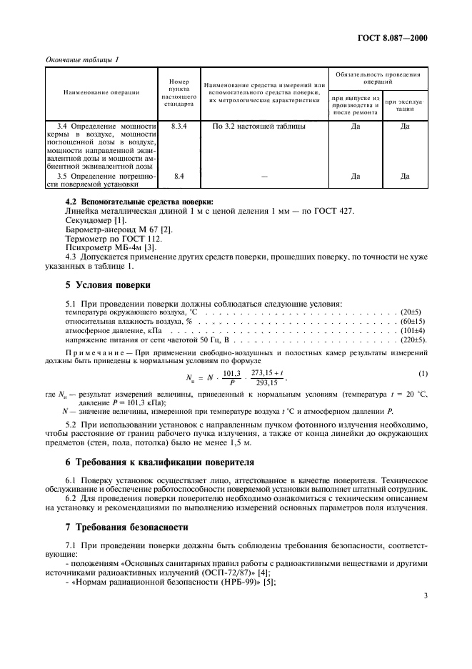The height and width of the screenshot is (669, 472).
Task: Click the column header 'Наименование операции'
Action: pos(101,92)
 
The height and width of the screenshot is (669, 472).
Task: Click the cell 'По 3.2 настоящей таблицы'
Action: pos(249,126)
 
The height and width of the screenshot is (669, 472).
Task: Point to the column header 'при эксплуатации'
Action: pos(405,105)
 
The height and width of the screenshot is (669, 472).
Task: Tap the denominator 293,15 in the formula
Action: pos(263,382)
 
